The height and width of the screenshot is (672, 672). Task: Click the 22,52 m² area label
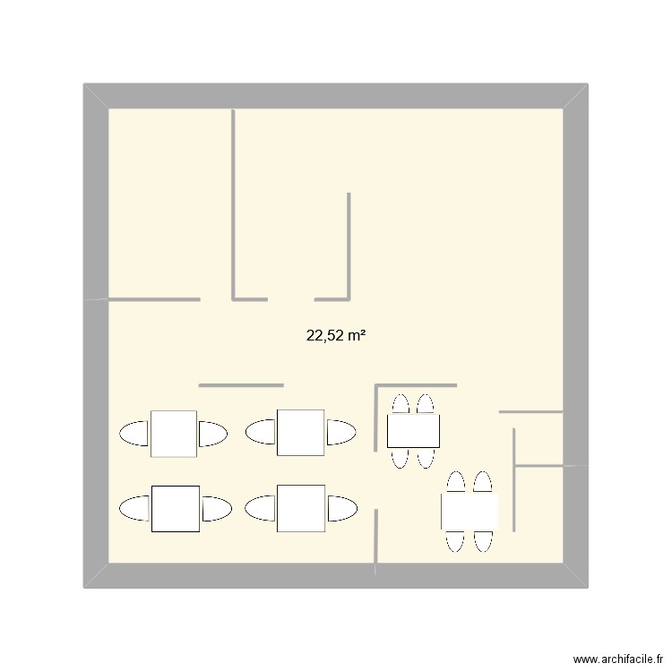coord(338,337)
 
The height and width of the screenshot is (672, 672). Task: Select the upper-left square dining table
coord(174,434)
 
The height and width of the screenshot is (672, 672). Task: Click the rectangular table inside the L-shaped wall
coord(413,431)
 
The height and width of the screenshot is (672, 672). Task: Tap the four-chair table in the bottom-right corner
coord(469,513)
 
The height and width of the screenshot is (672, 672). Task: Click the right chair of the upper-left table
coord(212,434)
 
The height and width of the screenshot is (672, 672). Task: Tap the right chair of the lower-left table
coord(216,508)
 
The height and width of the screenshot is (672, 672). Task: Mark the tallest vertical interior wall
coord(234,202)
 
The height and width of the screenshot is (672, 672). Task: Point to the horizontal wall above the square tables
coord(241,385)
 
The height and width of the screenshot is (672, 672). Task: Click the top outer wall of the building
coord(336,96)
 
